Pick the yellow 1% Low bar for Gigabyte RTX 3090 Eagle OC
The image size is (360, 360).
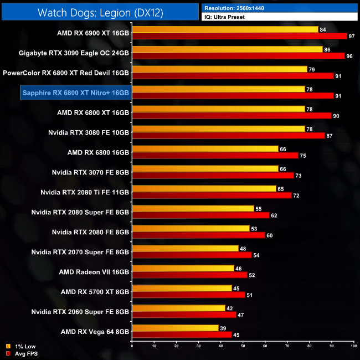pos(227,49)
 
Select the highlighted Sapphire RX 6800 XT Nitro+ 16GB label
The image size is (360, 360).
pos(75,92)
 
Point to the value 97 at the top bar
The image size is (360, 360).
pos(351,36)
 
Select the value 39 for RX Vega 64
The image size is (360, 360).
pos(223,328)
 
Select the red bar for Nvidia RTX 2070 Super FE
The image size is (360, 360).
pos(191,255)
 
